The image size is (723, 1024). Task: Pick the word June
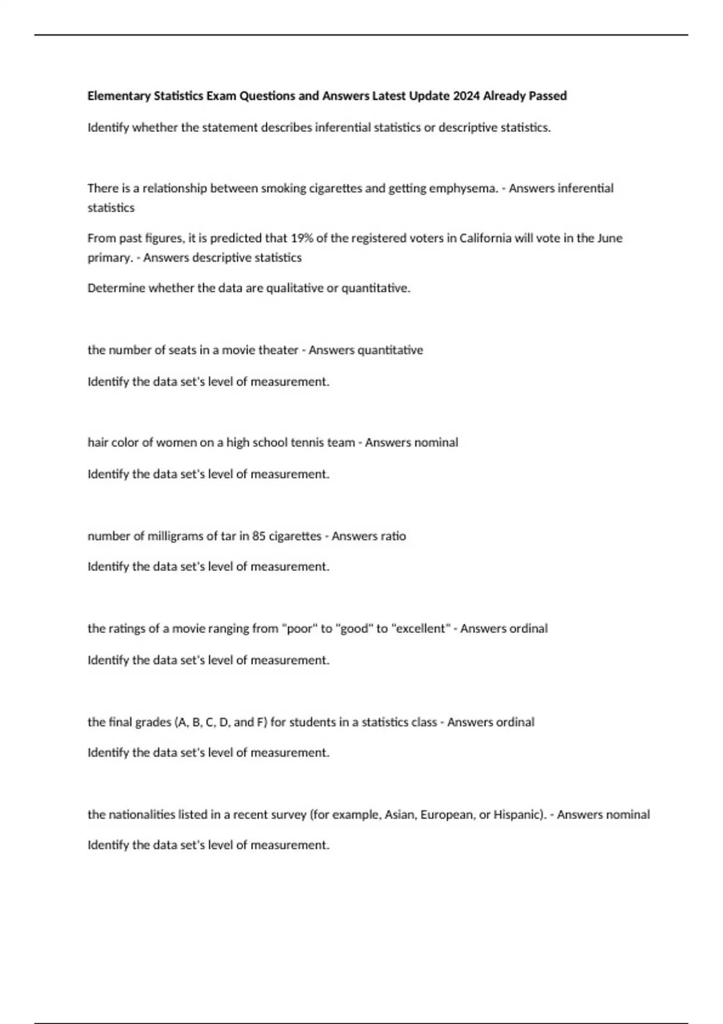[610, 238]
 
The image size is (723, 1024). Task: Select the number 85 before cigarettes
[259, 536]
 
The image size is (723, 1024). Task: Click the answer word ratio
[393, 536]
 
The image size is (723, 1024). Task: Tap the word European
[448, 815]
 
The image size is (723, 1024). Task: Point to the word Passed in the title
[548, 96]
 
